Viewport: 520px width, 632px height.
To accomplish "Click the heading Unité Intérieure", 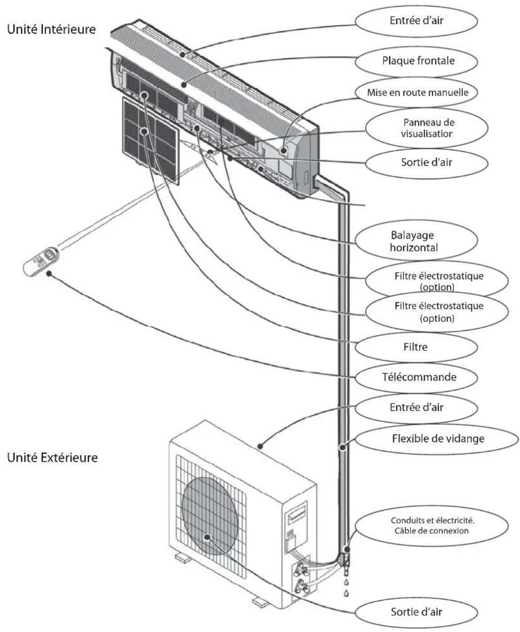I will [x=51, y=30].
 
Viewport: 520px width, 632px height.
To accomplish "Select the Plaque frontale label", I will [x=418, y=61].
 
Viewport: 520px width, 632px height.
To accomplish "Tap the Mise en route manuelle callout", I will [x=417, y=92].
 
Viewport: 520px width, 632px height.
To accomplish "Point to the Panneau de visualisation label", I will [x=426, y=128].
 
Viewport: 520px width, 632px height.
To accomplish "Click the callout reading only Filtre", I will [x=416, y=346].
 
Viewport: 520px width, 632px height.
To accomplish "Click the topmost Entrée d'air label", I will [x=416, y=21].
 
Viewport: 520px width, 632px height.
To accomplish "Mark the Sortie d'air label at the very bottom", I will [x=416, y=612].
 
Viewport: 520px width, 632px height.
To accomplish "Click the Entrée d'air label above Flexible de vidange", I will [x=416, y=407].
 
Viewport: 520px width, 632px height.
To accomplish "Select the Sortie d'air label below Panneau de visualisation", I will [x=426, y=162].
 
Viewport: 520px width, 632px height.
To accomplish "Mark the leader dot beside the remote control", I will [x=49, y=273].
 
